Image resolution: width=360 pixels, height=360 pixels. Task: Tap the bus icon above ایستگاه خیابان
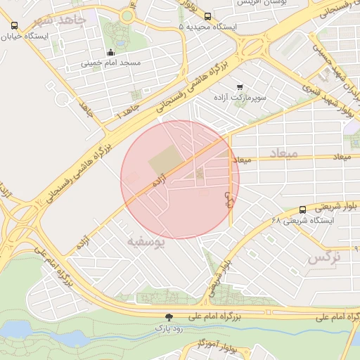(15, 26)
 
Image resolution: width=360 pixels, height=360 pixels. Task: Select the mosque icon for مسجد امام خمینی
(110, 52)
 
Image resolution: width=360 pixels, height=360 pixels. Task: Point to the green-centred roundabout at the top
(127, 15)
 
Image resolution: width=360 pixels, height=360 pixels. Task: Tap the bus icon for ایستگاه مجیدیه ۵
(207, 15)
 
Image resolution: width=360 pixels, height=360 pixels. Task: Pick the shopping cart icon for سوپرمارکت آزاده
(240, 86)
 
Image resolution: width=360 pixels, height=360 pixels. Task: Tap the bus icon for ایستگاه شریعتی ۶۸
(302, 209)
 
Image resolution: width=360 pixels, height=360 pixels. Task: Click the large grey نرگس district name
(324, 258)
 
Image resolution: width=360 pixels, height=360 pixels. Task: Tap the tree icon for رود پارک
(168, 318)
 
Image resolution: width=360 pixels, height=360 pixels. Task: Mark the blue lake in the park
(21, 328)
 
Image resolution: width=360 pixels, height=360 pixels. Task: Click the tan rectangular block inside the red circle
(165, 163)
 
